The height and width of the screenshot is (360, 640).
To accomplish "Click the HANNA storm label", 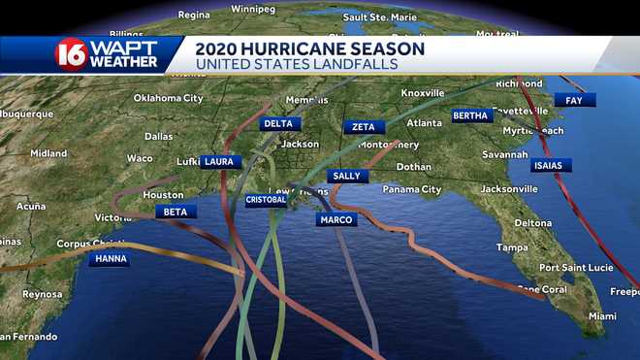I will coord(109,259).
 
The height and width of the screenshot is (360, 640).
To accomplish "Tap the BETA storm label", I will coord(175,212).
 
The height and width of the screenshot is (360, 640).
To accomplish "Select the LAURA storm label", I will coord(220,162).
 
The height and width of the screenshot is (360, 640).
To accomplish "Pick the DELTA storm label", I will coord(278,124).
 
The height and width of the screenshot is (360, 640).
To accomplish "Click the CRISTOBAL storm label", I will coord(266,200).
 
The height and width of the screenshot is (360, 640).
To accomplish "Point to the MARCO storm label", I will coord(336,220).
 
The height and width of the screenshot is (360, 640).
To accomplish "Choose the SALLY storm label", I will coord(346,176).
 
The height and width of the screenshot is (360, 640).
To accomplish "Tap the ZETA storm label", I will coord(364,127).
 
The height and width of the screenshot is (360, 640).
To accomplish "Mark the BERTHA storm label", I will coord(472,116).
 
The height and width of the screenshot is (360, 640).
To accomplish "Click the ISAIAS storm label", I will coord(552,165).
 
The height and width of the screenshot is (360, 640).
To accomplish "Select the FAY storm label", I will coord(574,100).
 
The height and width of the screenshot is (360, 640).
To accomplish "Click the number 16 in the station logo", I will coord(70,54).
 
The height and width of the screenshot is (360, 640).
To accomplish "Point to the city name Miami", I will coord(602,316).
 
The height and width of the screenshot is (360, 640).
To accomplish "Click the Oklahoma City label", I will coord(168,98).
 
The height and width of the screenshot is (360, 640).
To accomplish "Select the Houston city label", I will coord(163,195).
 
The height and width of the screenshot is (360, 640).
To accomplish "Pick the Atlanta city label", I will coord(424,123).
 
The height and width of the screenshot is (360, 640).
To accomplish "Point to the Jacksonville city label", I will coord(509,188).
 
